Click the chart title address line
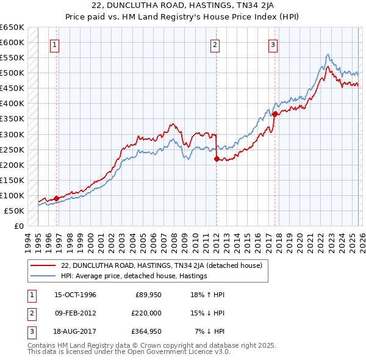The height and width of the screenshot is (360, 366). point(182,5)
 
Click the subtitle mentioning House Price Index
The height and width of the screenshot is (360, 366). point(182,16)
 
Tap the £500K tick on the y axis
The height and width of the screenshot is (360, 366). point(12,73)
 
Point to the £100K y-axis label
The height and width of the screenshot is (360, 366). point(12,195)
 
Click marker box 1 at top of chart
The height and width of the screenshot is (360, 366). point(55,44)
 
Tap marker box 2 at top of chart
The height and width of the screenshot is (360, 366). point(215,44)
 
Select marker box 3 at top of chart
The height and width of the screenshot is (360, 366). point(273,44)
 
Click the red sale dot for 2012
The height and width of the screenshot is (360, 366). point(217,159)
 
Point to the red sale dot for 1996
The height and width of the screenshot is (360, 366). point(57,198)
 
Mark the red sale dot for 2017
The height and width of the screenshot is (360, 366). point(274,114)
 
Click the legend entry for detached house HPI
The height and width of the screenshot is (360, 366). point(134,276)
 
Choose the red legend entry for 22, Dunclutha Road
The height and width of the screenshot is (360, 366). point(162,265)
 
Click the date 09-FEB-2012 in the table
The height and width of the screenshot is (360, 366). point(75,313)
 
